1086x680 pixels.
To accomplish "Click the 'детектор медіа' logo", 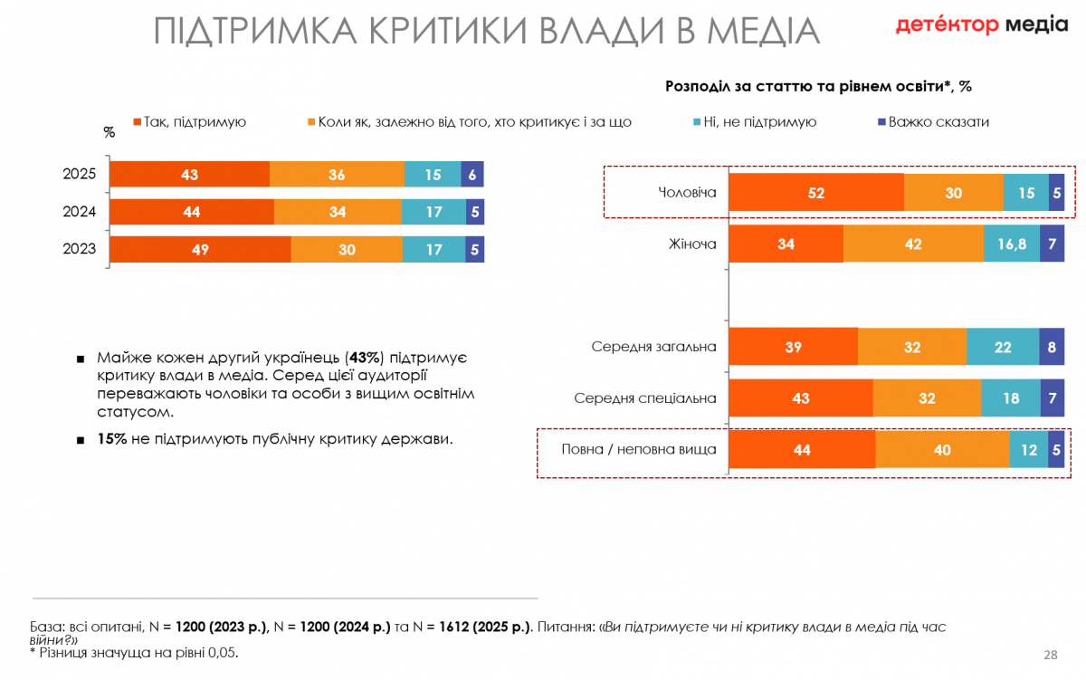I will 981,24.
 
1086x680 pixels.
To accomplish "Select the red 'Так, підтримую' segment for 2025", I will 190,175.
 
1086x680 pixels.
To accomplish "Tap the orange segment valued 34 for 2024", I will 338,212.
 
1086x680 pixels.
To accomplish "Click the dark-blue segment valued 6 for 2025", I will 472,175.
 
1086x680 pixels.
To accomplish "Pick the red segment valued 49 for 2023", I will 200,249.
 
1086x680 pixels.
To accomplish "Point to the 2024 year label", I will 80,212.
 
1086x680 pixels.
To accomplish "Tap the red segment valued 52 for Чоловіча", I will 816,192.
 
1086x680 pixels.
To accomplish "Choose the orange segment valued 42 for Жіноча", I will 913,244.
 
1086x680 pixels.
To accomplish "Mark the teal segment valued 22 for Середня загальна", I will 1003,347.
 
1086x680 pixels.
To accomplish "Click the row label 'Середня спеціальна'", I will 645,398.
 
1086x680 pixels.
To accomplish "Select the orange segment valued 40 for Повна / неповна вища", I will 942,449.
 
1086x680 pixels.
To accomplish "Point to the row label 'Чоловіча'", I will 688,192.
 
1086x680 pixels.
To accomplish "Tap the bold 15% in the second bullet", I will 111,439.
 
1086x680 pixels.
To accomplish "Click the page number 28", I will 1051,655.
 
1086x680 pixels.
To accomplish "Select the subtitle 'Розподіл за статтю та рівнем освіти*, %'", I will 818,86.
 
